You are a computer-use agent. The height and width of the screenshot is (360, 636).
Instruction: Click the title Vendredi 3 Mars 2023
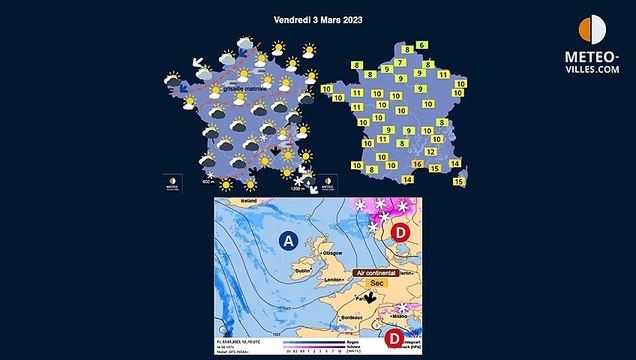[318, 19]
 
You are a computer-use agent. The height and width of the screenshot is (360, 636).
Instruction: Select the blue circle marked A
[289, 240]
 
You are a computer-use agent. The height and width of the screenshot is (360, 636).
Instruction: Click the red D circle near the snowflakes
[401, 233]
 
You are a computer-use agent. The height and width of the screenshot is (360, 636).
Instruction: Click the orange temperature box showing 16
[418, 163]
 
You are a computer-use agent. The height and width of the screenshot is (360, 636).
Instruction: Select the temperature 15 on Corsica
[460, 182]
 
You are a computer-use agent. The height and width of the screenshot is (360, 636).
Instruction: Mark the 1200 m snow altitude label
[296, 187]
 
